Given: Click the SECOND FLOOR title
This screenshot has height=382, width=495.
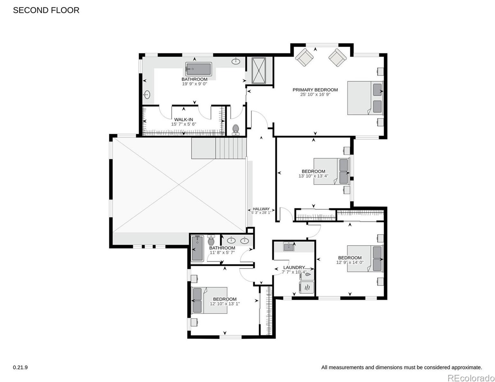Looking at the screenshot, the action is point(46,10).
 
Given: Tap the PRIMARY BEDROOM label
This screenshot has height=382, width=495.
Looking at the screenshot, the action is point(315,90).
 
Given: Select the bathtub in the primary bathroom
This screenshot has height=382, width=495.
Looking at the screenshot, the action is point(198,69).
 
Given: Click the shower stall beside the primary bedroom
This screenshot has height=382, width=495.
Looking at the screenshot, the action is point(259,71).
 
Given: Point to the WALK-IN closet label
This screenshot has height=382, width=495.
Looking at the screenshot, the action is point(184,119).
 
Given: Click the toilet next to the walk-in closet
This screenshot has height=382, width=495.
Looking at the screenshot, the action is point(235,130).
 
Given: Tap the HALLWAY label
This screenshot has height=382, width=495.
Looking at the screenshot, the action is point(261,209).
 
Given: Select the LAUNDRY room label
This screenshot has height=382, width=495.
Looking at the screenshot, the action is point(294,267).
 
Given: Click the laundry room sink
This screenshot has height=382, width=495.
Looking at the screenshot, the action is point(289,246).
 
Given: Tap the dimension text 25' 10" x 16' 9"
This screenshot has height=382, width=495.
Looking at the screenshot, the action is point(315,94).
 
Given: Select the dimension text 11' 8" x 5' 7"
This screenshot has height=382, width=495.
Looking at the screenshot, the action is point(222,253).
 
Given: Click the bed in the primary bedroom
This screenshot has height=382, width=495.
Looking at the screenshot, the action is point(365,98).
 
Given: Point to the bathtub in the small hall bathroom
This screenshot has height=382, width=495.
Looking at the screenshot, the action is point(197,249).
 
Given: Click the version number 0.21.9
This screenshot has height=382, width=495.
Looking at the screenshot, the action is point(20,368).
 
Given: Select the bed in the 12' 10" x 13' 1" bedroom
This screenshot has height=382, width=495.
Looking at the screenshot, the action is point(210,301).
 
